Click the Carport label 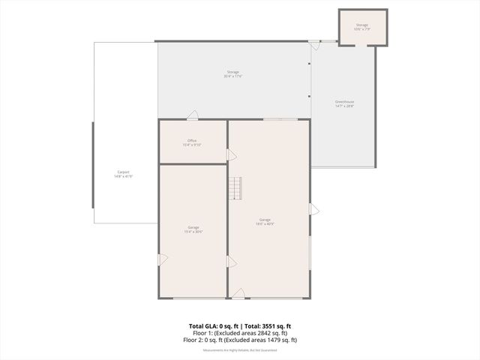pyautogui.click(x=123, y=174)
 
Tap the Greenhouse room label pyautogui.click(x=344, y=103)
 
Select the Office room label pyautogui.click(x=192, y=142)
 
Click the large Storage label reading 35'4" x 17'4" pyautogui.click(x=232, y=74)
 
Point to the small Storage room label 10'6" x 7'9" pyautogui.click(x=362, y=27)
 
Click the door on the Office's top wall pyautogui.click(x=193, y=115)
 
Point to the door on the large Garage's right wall pyautogui.click(x=314, y=210)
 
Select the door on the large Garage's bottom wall pyautogui.click(x=238, y=293)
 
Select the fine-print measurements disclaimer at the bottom pyautogui.click(x=239, y=349)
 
